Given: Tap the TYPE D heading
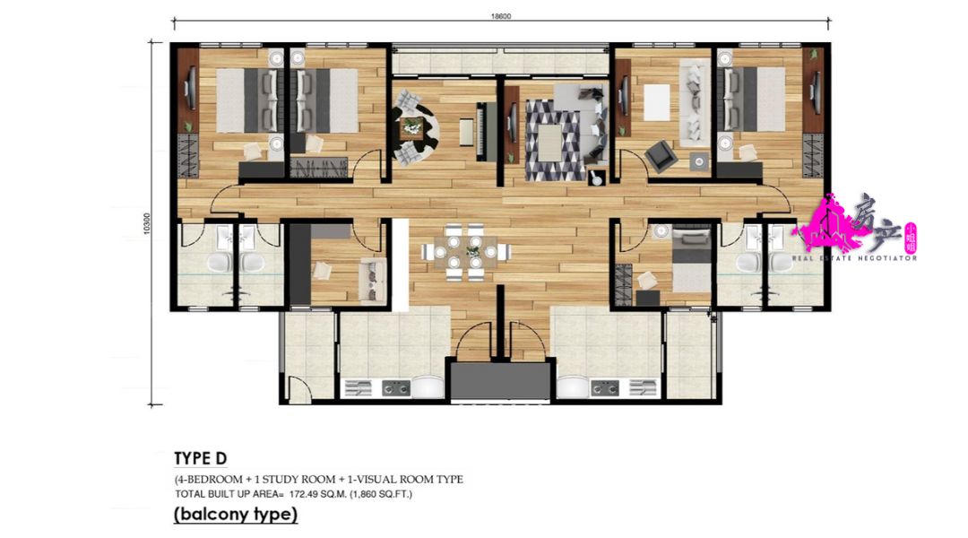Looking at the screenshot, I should tap(200, 458).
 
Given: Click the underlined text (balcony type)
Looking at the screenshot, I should tap(235, 515).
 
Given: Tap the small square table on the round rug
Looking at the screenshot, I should tap(412, 127).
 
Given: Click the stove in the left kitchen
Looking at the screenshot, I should tap(396, 387).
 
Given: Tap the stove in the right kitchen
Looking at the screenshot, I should tap(603, 387).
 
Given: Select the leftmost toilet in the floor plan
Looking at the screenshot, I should tap(218, 263).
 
